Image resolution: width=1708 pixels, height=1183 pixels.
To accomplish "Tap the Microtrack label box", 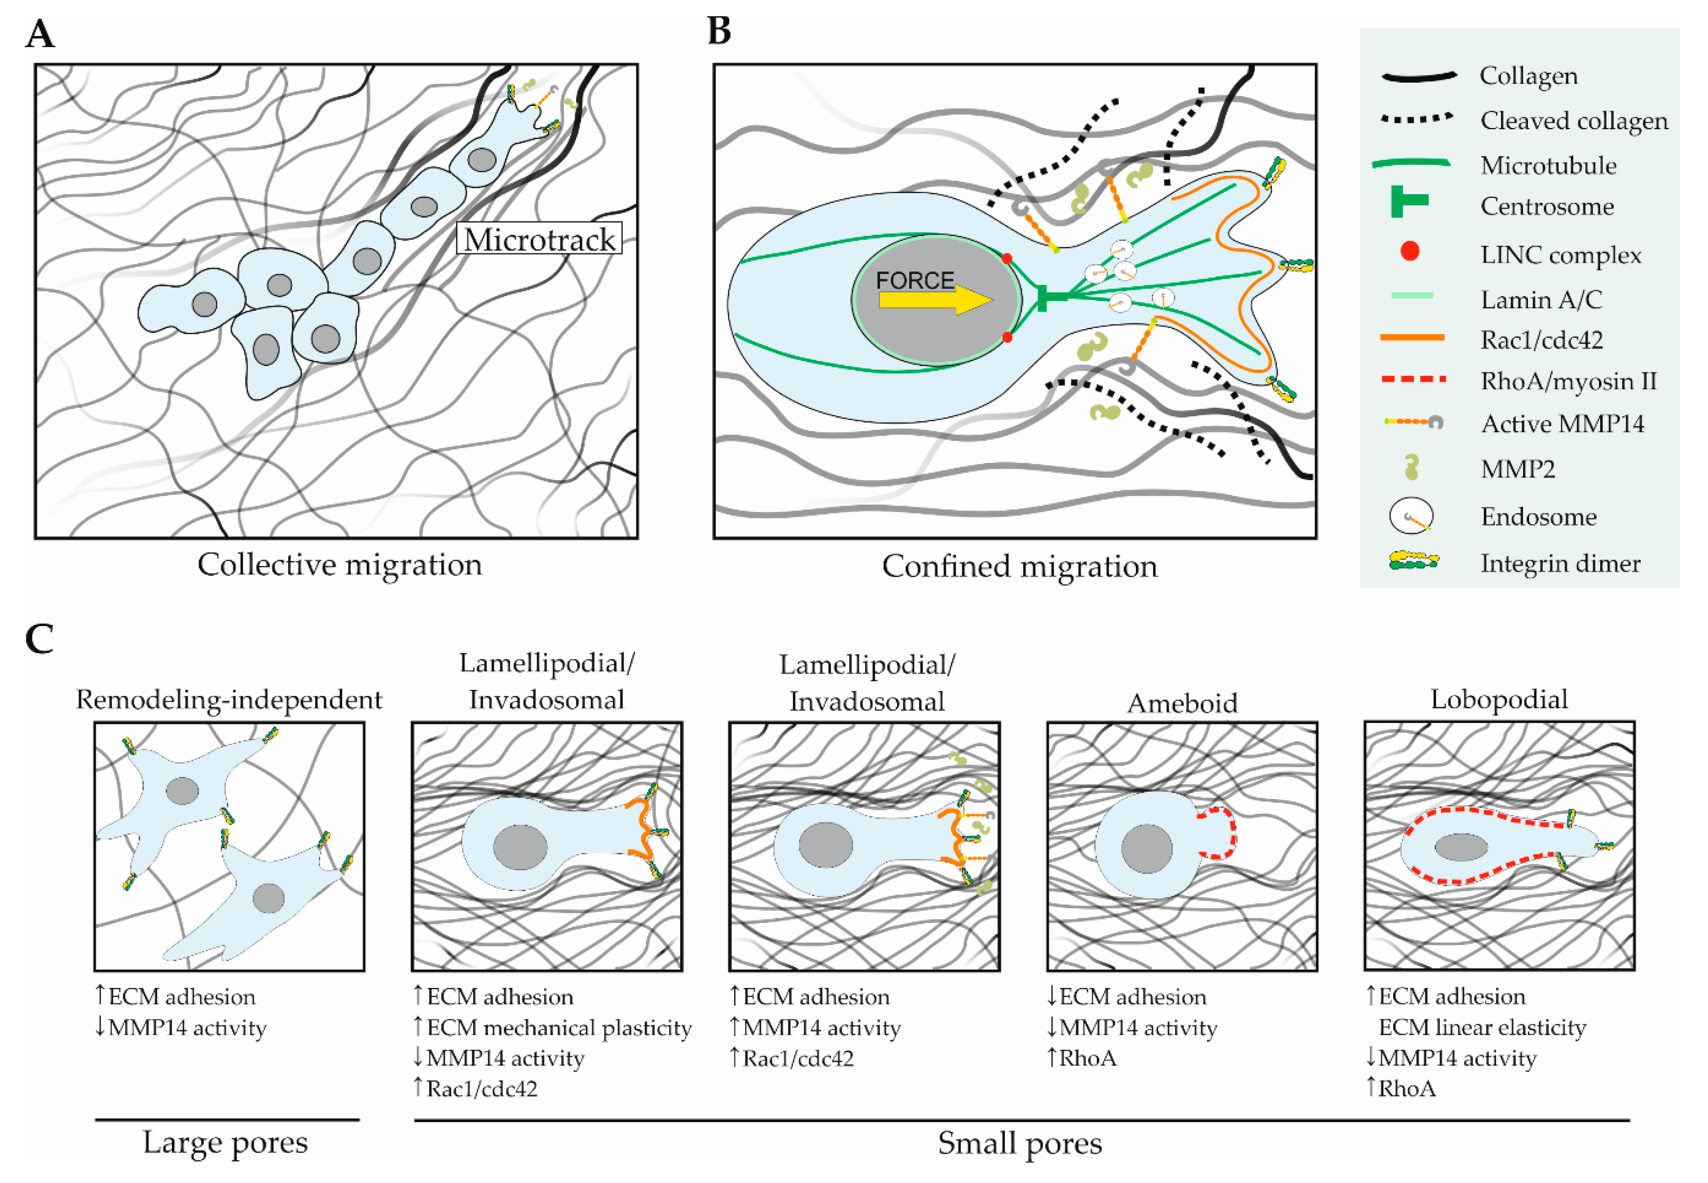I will tap(539, 238).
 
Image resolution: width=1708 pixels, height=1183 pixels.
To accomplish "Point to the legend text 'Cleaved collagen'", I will tap(1573, 120).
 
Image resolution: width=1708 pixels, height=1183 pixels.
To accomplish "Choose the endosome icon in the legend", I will tap(1410, 516).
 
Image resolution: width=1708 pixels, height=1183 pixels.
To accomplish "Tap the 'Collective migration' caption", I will tap(339, 565).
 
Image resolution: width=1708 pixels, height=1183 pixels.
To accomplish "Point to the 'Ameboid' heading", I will tap(1182, 703).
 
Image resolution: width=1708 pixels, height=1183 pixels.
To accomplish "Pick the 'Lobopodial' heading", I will tap(1498, 699).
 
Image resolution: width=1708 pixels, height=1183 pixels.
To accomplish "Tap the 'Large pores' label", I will tap(225, 1142).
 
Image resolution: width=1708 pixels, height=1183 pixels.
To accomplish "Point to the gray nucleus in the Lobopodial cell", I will tap(1461, 847).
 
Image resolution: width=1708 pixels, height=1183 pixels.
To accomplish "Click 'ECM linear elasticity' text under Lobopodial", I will tap(1482, 1027).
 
